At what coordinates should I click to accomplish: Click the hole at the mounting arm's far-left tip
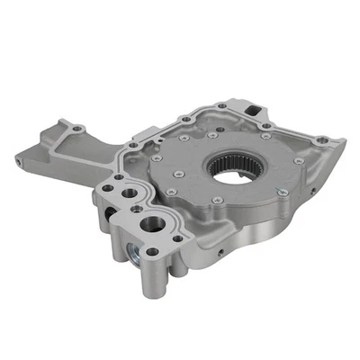[x=21, y=157]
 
